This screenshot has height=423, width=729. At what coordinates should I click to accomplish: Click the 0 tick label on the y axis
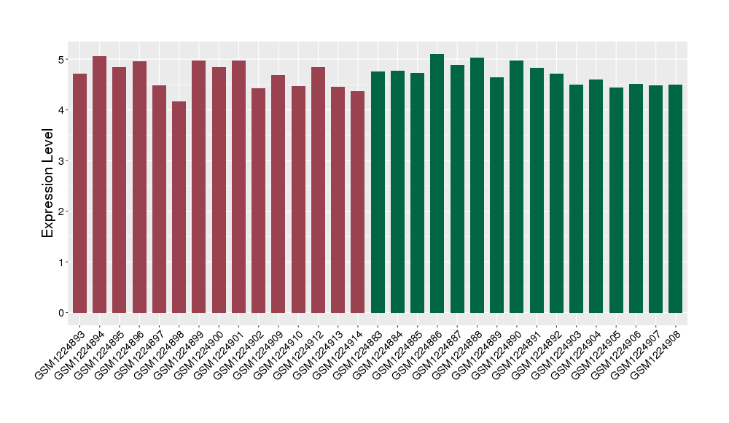(61, 313)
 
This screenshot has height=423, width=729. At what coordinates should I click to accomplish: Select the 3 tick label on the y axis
(61, 160)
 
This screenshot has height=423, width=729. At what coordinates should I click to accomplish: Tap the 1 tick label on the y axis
(61, 262)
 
